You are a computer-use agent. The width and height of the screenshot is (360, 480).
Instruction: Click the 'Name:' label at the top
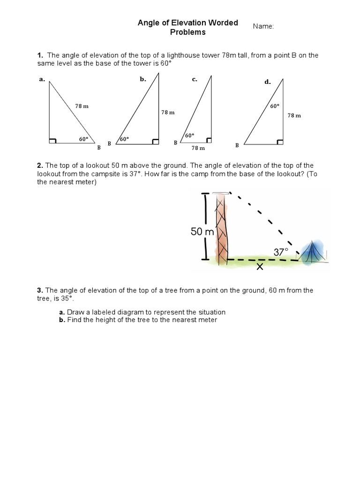(263, 26)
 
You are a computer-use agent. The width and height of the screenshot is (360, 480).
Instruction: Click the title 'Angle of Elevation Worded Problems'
(187, 27)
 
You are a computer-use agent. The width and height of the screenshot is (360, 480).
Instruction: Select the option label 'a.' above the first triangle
(42, 79)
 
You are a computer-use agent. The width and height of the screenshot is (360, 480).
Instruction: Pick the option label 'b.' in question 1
(143, 79)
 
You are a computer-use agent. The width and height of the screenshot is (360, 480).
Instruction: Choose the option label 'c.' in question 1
(195, 79)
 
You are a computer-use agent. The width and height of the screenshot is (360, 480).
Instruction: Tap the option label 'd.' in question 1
(268, 82)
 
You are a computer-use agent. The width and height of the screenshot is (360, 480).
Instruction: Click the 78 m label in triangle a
(82, 106)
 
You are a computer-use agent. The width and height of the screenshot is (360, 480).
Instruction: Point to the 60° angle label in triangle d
(275, 106)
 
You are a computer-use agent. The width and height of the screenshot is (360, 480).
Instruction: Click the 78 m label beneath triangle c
(198, 148)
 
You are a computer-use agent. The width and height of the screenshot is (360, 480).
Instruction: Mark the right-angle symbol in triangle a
(52, 140)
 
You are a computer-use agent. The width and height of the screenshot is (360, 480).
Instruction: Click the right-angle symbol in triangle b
(155, 140)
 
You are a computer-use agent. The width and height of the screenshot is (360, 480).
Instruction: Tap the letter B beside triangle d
(237, 145)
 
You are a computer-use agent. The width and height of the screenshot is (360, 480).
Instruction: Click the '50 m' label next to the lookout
(202, 232)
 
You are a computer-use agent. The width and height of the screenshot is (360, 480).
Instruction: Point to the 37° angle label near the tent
(281, 252)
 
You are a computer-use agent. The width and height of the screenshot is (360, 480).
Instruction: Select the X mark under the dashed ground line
(259, 267)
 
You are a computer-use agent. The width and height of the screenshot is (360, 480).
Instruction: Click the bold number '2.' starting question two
(40, 165)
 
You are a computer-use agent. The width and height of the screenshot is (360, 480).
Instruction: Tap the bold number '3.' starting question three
(40, 290)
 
